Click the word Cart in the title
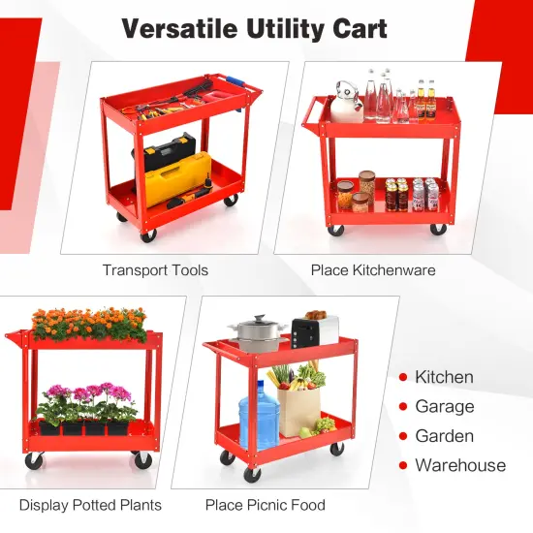pos(358,28)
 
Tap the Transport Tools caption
pos(155,270)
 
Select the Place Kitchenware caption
pos(373,270)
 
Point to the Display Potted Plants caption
pos(90,505)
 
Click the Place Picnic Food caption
pos(265,505)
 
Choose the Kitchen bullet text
pos(444,377)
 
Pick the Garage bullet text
pos(445,407)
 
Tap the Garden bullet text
pos(444,436)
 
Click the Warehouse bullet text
pos(460,465)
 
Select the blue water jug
pos(259,415)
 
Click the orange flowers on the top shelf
pos(89,324)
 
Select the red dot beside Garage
pos(401,407)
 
